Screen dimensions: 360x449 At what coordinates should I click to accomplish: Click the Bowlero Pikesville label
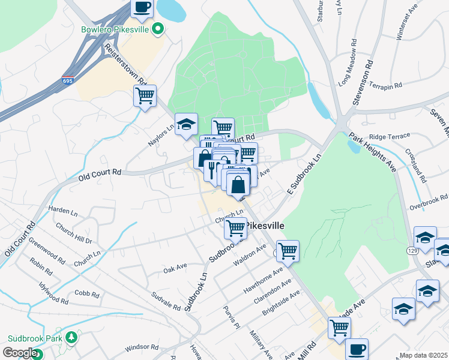(116, 29)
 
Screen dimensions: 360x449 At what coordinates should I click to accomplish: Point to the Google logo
(19, 353)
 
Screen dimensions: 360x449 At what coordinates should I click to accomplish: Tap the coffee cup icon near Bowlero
(142, 7)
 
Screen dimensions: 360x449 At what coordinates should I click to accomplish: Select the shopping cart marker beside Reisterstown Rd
(145, 96)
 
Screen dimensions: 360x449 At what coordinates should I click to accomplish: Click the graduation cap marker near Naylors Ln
(187, 124)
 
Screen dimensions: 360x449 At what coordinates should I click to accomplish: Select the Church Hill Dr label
(73, 233)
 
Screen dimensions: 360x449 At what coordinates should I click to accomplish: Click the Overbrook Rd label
(430, 201)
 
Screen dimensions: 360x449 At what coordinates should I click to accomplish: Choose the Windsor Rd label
(142, 347)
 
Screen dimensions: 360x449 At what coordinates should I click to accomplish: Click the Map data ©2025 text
(423, 355)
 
